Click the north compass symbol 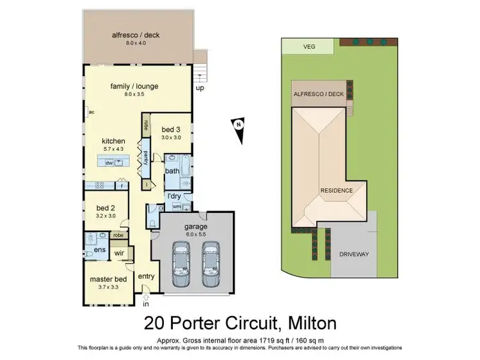tap(238, 125)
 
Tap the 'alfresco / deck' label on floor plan tap(134, 35)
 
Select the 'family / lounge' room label tap(134, 86)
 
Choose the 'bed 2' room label tap(106, 208)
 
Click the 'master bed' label tap(107, 280)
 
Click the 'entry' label tap(147, 276)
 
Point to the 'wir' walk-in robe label tap(118, 253)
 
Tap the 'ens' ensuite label tap(100, 249)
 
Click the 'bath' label tap(172, 171)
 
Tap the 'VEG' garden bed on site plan tap(309, 46)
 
